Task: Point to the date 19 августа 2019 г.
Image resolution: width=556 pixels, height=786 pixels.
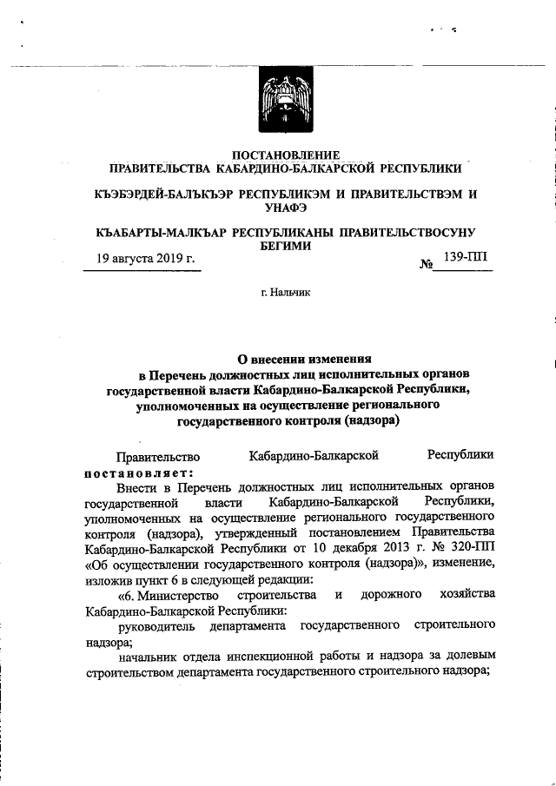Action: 145,259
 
